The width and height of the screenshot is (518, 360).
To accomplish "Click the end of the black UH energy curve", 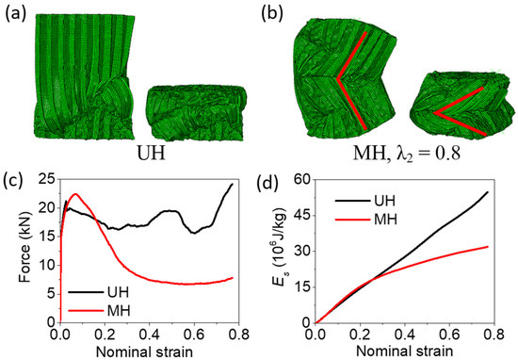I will [x=487, y=192].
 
